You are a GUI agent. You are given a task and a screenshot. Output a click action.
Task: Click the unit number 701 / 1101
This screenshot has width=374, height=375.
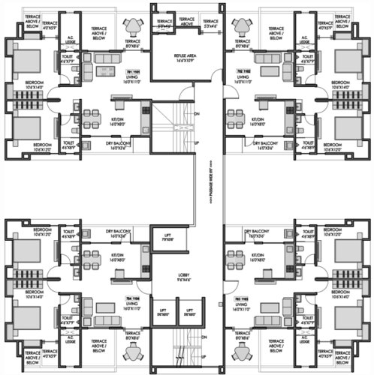[x=132, y=70]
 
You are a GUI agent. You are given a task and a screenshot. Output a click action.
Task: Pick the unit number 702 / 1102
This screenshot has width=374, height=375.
[x=243, y=70]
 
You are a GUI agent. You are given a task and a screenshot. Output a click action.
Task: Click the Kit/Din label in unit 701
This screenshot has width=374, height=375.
[x=118, y=120]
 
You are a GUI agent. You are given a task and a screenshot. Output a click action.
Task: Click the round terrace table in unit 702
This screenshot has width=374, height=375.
[x=243, y=29]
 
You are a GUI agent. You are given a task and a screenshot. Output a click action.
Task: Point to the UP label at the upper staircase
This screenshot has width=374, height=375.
[x=197, y=142]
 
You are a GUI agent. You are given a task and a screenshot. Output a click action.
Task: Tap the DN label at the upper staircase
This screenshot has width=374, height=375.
[x=197, y=114]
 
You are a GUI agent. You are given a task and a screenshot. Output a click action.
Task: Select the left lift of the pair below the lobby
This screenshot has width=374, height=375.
[x=163, y=312]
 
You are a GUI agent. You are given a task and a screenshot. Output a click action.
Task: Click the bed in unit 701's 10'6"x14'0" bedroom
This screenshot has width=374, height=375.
[x=26, y=58]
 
